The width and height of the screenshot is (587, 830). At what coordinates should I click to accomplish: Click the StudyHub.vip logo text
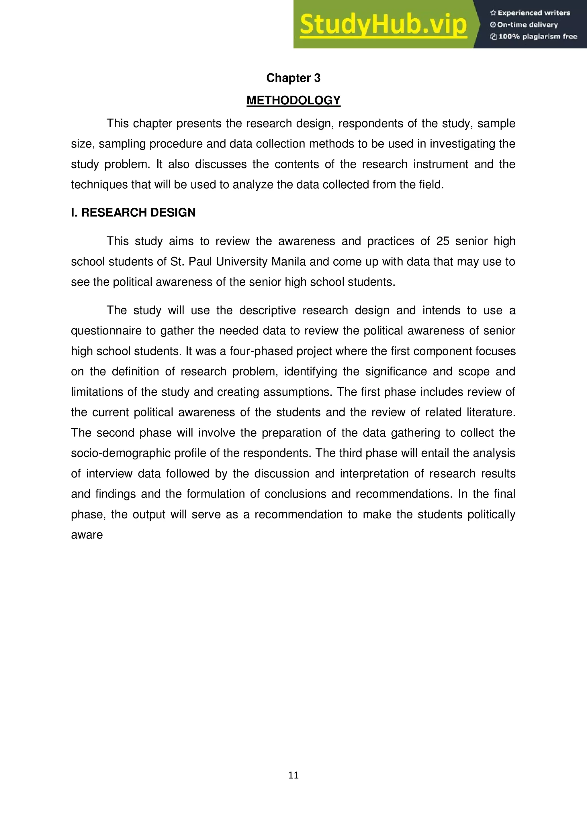tap(383, 25)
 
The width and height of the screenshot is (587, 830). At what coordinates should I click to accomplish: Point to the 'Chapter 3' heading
tap(293, 78)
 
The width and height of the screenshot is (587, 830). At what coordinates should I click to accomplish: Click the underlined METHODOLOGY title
tap(293, 101)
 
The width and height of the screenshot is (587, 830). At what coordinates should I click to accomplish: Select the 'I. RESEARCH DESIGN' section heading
tap(133, 213)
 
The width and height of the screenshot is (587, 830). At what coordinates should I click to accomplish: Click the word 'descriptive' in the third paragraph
tap(267, 310)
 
